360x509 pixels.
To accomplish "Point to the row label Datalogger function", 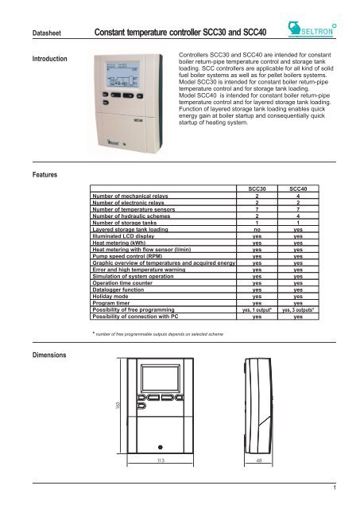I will [x=119, y=301].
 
